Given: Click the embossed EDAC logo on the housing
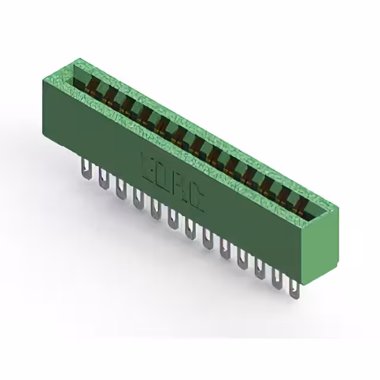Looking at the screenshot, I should (x=172, y=182).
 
